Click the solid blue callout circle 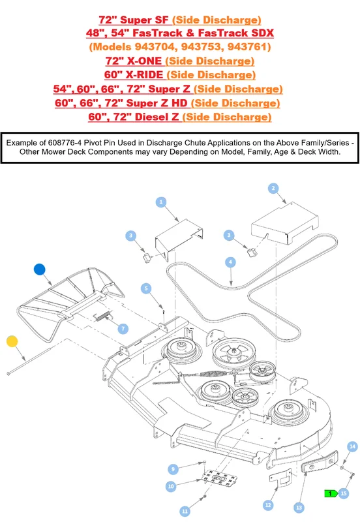point(40,269)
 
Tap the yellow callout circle point(12,341)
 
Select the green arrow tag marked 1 point(331,493)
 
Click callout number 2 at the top point(273,189)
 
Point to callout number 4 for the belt point(230,262)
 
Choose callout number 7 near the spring point(123,329)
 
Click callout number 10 point(171,486)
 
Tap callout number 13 point(299,508)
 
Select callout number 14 point(352,446)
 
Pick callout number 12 point(268,505)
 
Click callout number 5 point(146,288)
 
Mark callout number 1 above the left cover point(161,202)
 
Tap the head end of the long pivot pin point(8,373)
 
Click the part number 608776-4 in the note point(65,143)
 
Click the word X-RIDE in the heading point(144,74)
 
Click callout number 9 point(173,469)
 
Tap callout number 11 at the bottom point(185,511)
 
